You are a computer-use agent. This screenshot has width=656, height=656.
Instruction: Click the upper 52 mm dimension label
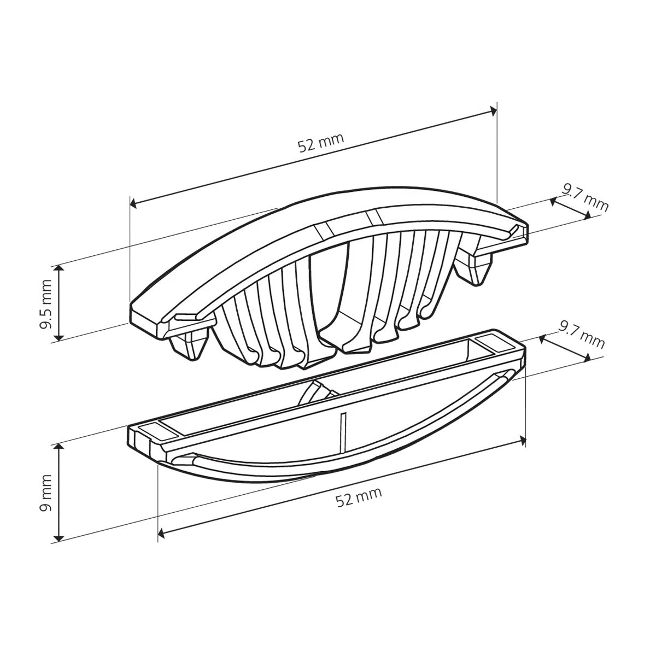click(x=321, y=143)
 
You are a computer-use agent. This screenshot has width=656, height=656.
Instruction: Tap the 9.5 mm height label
click(x=45, y=304)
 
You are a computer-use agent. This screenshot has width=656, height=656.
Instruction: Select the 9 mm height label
click(x=45, y=493)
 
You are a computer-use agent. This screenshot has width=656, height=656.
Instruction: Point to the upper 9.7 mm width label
click(x=585, y=202)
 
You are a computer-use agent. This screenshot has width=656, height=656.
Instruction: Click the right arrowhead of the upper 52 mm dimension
click(x=493, y=110)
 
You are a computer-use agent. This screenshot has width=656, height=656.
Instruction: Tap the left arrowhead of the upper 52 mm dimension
click(x=133, y=203)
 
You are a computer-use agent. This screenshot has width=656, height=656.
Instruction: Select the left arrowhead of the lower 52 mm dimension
click(x=161, y=534)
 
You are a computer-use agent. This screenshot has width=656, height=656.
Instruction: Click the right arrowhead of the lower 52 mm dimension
click(x=522, y=441)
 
